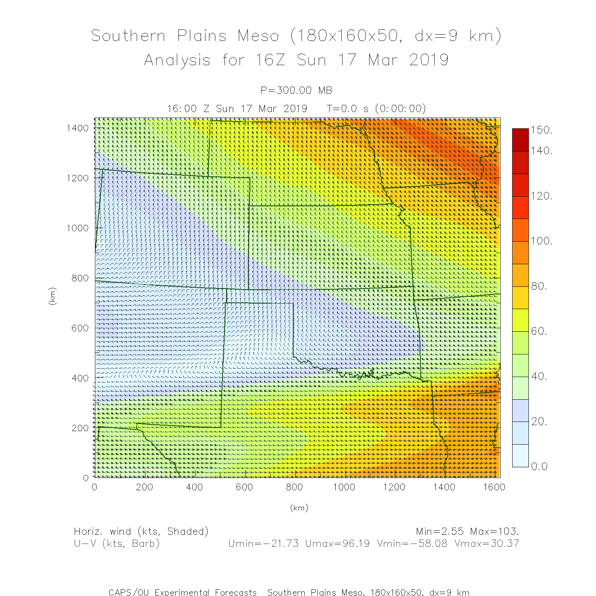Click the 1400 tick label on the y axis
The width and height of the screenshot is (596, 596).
click(x=77, y=128)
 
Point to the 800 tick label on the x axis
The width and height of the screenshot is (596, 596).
click(x=294, y=488)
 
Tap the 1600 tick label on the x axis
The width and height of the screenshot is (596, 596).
click(x=494, y=488)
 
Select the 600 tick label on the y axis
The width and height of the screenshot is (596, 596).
click(x=80, y=328)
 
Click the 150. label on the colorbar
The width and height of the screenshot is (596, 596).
click(x=542, y=130)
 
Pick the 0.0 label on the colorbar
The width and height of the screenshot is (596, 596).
click(x=540, y=466)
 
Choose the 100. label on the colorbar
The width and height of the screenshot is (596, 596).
click(x=542, y=241)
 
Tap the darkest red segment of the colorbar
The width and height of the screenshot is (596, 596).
click(x=520, y=139)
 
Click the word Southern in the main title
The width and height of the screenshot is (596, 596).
click(x=128, y=36)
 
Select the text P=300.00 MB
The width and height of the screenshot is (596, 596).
click(x=296, y=91)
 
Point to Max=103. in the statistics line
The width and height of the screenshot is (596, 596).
click(x=494, y=532)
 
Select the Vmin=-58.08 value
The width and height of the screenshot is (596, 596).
click(x=412, y=544)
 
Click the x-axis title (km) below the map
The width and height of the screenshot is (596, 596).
click(x=299, y=508)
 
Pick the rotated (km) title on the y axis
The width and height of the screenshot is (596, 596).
click(x=52, y=296)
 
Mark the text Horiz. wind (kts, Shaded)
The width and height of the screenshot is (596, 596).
click(x=141, y=532)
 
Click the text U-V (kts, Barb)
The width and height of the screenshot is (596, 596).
click(x=117, y=544)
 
